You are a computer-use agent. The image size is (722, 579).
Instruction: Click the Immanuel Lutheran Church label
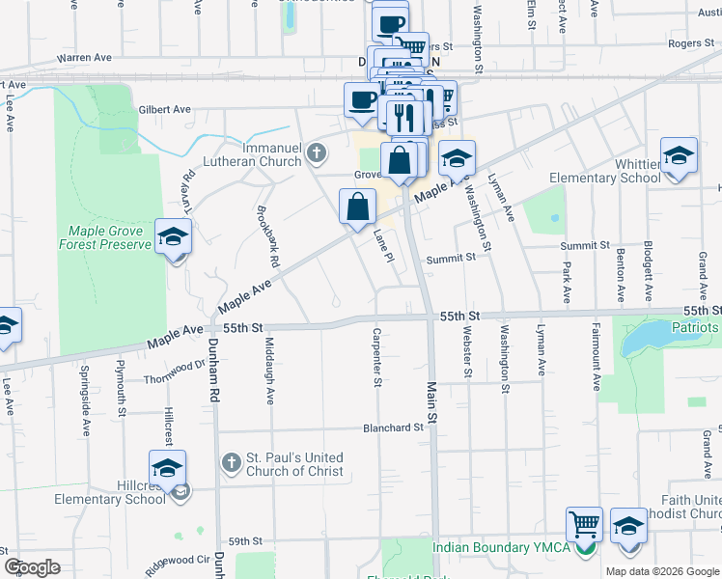pos(252,155)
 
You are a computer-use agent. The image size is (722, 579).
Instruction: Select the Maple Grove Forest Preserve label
pos(110,237)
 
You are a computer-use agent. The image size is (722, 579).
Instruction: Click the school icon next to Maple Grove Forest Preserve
pos(174,236)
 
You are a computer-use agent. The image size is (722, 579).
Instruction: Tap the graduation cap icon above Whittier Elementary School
pos(679,156)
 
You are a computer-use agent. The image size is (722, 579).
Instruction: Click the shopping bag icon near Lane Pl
pos(357,206)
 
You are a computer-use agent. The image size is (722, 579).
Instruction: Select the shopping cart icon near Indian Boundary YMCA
pos(584,525)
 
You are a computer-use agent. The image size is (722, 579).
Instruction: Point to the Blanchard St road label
pos(394,427)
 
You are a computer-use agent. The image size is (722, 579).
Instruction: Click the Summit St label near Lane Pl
pos(452,258)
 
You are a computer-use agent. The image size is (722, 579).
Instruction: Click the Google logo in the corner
pos(32,566)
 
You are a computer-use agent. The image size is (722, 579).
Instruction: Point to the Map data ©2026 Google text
pos(661,571)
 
